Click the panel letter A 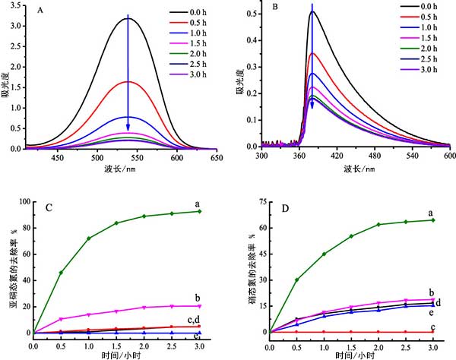[x=38, y=13]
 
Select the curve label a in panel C [x=218, y=205]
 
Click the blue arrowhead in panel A [x=128, y=126]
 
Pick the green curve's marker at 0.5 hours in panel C [x=61, y=272]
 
